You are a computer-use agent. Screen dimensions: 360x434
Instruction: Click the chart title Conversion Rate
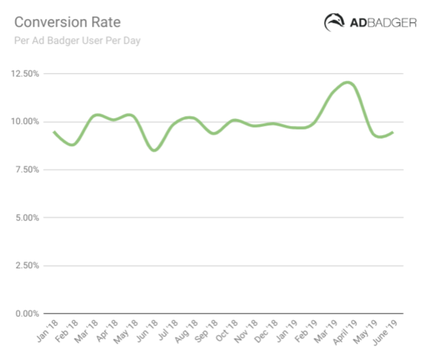(67, 22)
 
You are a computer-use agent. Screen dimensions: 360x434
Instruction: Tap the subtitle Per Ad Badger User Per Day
(78, 41)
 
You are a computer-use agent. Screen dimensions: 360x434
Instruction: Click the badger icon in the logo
(335, 22)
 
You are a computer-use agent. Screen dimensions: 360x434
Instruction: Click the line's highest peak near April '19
(347, 82)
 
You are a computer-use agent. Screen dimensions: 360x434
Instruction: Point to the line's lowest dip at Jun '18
(154, 150)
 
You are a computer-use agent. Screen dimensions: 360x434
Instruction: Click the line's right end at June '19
(392, 132)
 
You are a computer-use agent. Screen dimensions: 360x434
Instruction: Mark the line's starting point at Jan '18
(53, 132)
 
